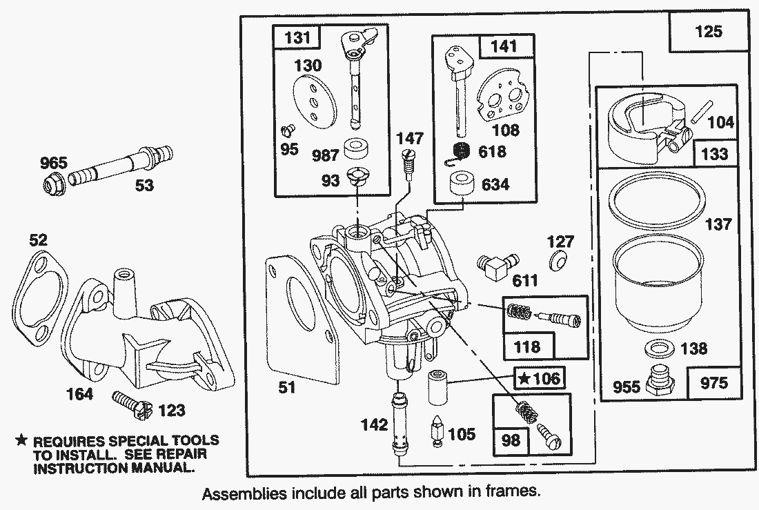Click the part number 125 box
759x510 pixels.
click(709, 32)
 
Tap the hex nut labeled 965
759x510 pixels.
click(54, 185)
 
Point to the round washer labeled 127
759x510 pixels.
click(559, 261)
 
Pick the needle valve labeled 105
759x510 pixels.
click(437, 432)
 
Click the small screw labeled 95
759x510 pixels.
click(288, 130)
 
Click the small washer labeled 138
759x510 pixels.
click(660, 348)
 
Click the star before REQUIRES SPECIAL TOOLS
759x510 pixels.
click(21, 440)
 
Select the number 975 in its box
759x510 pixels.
click(714, 383)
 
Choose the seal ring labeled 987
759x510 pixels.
click(357, 150)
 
